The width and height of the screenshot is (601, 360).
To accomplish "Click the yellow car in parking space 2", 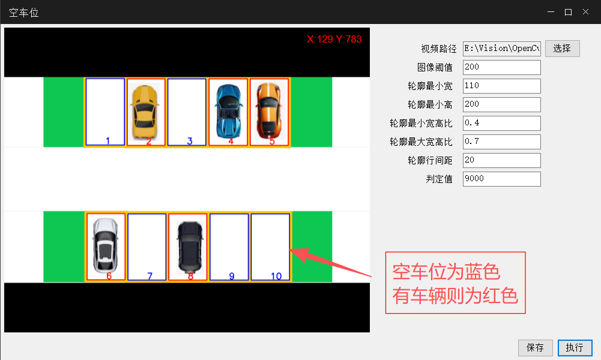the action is pyautogui.click(x=145, y=112).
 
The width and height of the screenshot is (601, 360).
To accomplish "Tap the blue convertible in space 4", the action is pyautogui.click(x=228, y=111).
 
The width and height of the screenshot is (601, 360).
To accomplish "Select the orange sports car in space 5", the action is pyautogui.click(x=270, y=110).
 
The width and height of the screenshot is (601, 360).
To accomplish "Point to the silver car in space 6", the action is pyautogui.click(x=106, y=245).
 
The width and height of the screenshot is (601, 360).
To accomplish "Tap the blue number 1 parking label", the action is pyautogui.click(x=107, y=141).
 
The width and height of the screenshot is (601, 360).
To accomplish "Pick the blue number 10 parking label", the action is pyautogui.click(x=276, y=276).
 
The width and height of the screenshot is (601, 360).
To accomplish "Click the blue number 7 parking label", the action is pyautogui.click(x=149, y=276).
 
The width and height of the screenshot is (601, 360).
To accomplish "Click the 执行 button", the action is pyautogui.click(x=575, y=348).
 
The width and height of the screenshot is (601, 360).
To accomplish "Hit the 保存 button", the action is pyautogui.click(x=535, y=348).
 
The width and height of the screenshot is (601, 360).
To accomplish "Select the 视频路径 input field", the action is pyautogui.click(x=502, y=49).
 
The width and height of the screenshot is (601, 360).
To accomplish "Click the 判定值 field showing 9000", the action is pyautogui.click(x=502, y=179).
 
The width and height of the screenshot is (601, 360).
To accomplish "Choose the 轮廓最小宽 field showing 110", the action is pyautogui.click(x=502, y=86).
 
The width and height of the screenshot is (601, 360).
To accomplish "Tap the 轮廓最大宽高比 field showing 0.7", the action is pyautogui.click(x=502, y=142).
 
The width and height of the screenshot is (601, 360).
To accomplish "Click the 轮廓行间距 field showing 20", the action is pyautogui.click(x=502, y=160).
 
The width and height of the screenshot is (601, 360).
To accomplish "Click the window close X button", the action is pyautogui.click(x=585, y=12).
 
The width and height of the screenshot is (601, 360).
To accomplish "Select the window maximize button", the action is pyautogui.click(x=568, y=12).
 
